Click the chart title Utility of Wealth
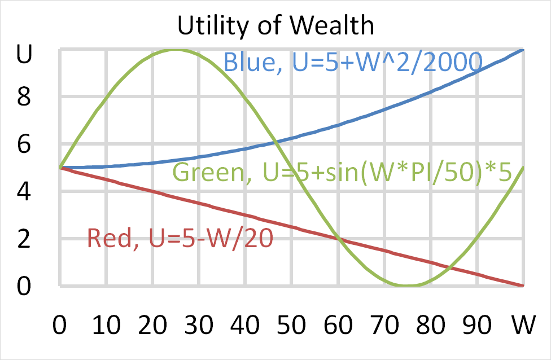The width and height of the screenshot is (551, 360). [275, 25]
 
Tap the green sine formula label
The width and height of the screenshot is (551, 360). [342, 172]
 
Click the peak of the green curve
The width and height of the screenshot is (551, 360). [176, 50]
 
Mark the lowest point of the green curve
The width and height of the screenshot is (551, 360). [408, 286]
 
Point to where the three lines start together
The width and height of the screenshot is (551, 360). [60, 168]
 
